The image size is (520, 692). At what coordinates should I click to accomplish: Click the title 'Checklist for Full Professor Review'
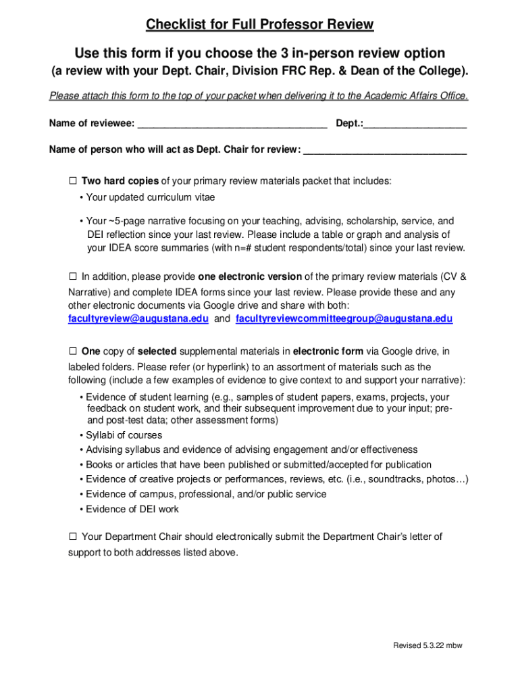(259, 25)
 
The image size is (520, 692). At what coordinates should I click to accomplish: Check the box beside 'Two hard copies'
(73, 181)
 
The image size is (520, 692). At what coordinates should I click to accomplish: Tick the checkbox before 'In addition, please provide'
(73, 276)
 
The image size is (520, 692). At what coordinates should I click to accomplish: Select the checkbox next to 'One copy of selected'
(73, 351)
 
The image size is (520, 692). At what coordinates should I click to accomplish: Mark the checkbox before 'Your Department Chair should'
(73, 537)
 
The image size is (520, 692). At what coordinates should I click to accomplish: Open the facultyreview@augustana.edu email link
(138, 319)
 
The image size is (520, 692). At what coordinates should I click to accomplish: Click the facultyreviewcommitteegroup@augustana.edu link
(344, 319)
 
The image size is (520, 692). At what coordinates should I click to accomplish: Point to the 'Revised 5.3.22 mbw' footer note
(427, 645)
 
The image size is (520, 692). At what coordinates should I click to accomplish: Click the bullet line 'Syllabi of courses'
(124, 435)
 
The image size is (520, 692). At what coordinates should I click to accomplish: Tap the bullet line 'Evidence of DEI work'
(132, 510)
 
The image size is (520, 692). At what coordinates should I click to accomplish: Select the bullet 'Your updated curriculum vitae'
(150, 198)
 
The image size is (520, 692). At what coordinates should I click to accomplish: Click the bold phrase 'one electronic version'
(250, 276)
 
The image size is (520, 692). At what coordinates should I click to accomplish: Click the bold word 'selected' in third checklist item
(157, 351)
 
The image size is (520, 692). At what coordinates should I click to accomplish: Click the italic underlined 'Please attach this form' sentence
(259, 96)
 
